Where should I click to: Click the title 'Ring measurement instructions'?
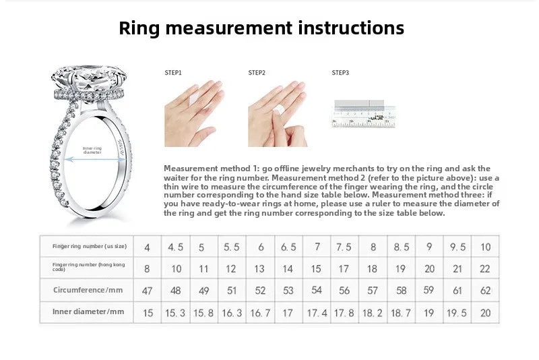(261, 28)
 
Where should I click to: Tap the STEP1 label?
(173, 72)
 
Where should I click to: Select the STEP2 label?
(257, 72)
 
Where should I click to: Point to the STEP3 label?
(340, 72)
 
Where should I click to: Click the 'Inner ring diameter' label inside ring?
(92, 150)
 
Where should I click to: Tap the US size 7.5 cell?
(344, 247)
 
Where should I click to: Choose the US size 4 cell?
(147, 247)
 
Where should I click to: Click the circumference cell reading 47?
(147, 291)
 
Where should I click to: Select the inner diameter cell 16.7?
(259, 312)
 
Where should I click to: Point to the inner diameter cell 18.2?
(372, 312)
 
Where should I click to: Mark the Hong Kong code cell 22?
(484, 268)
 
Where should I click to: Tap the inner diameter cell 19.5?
(457, 312)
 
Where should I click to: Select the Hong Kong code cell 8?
(147, 268)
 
